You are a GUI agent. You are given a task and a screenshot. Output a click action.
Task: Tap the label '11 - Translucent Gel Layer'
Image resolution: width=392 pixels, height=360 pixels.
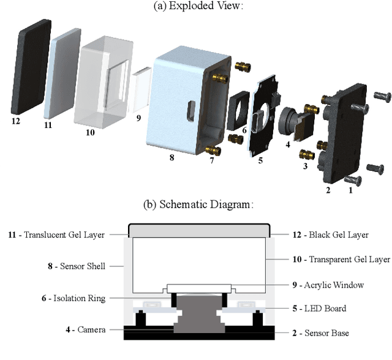click(x=56, y=234)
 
